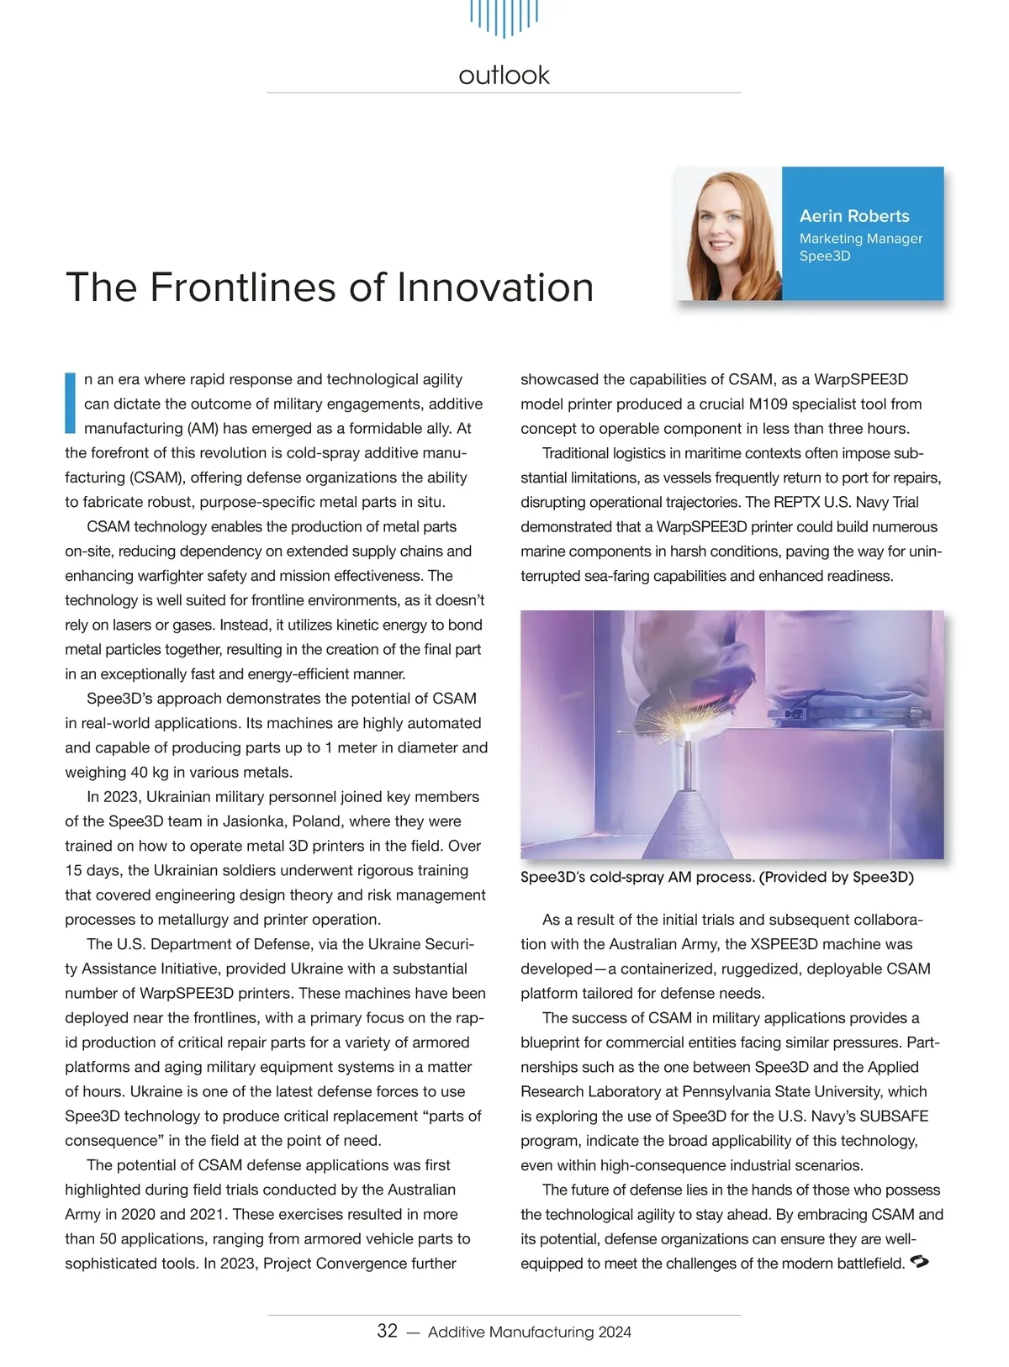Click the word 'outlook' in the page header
pyautogui.click(x=504, y=76)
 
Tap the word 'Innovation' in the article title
pyautogui.click(x=495, y=288)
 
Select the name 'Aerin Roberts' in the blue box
pyautogui.click(x=854, y=216)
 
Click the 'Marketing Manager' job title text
pyautogui.click(x=861, y=239)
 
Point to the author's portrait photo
pyautogui.click(x=728, y=234)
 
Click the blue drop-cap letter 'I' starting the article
pyautogui.click(x=71, y=403)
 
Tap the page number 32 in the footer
pyautogui.click(x=387, y=1331)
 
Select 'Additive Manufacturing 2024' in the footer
pyautogui.click(x=530, y=1332)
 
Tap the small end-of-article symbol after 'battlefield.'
pyautogui.click(x=919, y=1262)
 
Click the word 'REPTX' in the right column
pyautogui.click(x=796, y=503)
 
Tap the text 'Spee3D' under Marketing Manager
pyautogui.click(x=825, y=256)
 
